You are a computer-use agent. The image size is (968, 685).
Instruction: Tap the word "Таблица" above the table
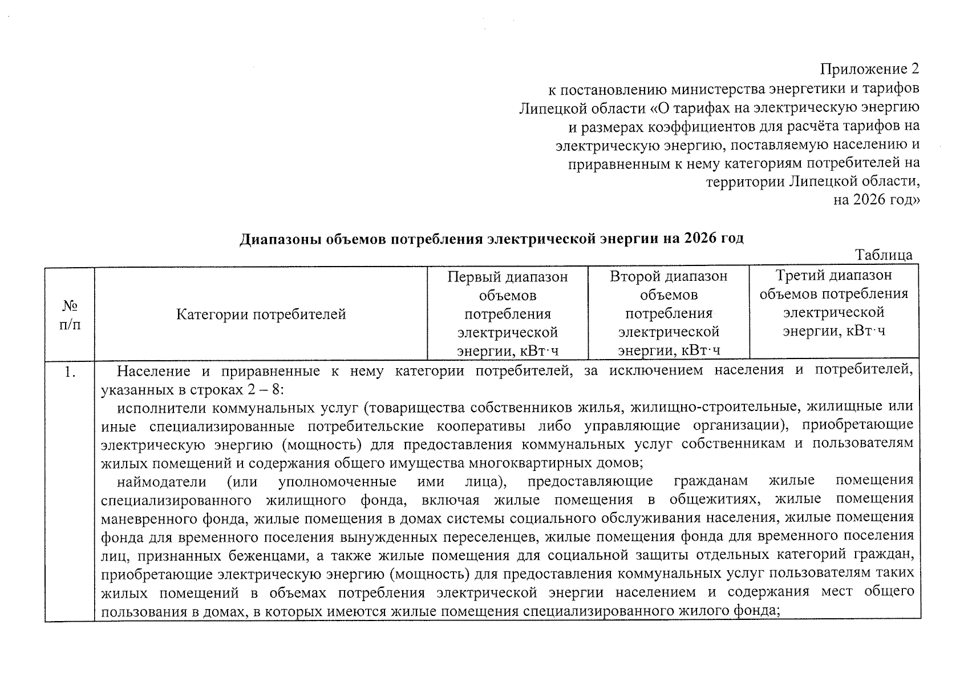pyautogui.click(x=884, y=255)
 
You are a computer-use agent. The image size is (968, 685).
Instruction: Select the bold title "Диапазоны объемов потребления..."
pyautogui.click(x=491, y=239)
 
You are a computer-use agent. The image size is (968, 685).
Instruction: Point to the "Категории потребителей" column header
pyautogui.click(x=261, y=315)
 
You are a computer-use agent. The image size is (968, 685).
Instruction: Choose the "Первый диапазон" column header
pyautogui.click(x=508, y=277)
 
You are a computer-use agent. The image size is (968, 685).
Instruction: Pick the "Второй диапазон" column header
pyautogui.click(x=669, y=277)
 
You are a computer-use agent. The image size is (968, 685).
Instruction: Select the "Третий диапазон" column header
pyautogui.click(x=834, y=276)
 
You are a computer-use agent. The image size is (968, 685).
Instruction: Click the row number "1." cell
pyautogui.click(x=70, y=373)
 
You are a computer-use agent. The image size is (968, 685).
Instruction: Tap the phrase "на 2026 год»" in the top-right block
pyautogui.click(x=877, y=200)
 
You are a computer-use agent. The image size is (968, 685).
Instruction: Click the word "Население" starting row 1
pyautogui.click(x=153, y=372)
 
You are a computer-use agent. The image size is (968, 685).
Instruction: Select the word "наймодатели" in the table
pyautogui.click(x=162, y=481)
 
